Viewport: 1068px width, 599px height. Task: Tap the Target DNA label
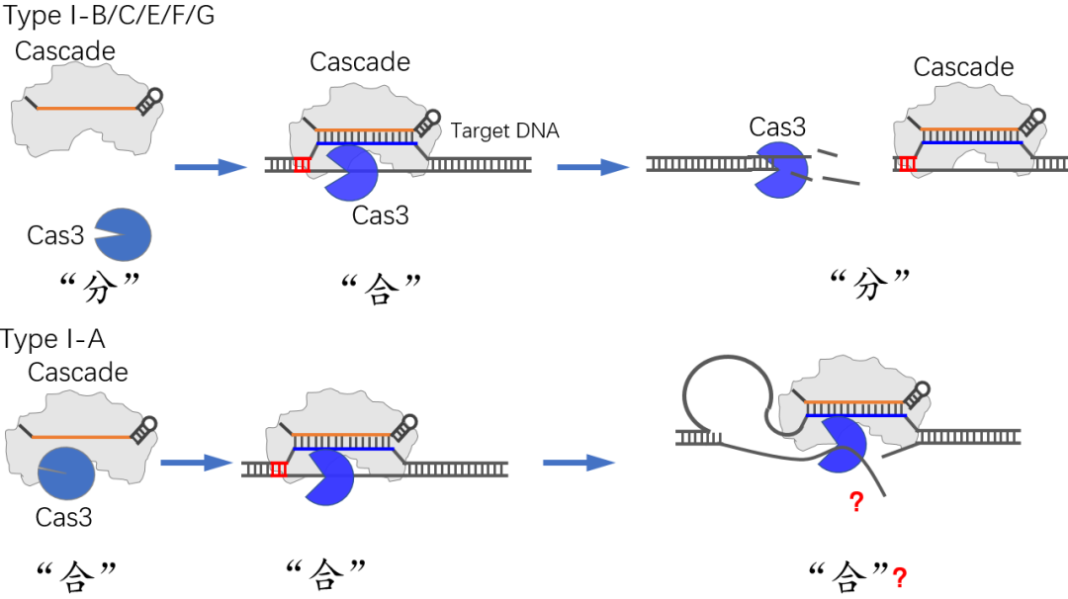504,130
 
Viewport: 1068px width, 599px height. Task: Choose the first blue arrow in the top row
210,167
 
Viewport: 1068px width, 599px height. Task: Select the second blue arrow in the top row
593,167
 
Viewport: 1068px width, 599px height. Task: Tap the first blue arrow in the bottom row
197,461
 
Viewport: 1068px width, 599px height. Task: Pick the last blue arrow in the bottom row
579,462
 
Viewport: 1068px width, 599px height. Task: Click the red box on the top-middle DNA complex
303,164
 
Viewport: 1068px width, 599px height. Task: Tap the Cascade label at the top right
963,67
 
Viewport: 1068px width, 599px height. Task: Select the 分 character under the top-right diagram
867,286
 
